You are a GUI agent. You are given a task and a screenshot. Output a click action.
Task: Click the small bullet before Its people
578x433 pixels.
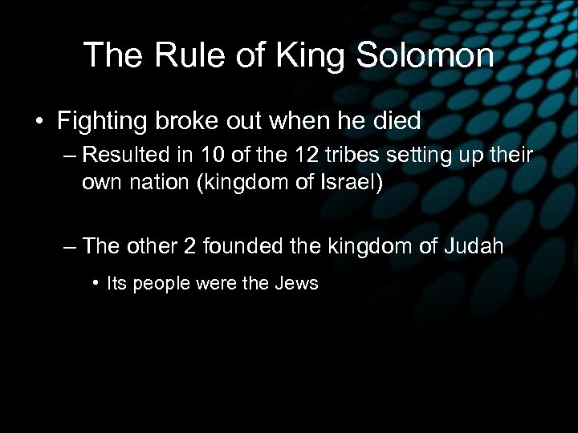coord(96,283)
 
